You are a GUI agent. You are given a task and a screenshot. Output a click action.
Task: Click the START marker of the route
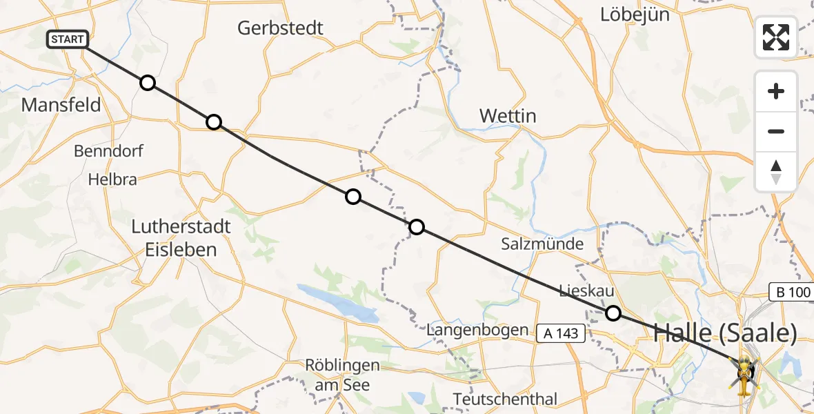(68, 39)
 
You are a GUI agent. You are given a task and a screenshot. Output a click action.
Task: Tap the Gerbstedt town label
(280, 28)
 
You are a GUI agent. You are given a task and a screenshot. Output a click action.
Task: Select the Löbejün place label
(635, 14)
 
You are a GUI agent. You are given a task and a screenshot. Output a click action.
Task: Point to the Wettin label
(508, 115)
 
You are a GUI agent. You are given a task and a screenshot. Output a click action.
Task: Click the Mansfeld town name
(61, 105)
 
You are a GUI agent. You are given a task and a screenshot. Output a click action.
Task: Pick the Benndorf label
(108, 150)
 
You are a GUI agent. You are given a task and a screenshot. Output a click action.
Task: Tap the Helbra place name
(112, 179)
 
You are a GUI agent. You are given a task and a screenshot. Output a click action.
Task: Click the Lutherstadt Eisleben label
(181, 237)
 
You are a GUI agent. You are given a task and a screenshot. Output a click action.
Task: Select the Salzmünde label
(542, 244)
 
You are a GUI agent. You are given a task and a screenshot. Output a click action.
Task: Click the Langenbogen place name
(477, 331)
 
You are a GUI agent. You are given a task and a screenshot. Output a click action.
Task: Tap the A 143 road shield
(562, 334)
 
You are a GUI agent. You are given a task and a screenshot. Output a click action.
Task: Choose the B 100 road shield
(791, 292)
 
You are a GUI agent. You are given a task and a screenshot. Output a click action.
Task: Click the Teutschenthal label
(505, 399)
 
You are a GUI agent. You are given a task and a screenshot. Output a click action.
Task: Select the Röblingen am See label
(342, 375)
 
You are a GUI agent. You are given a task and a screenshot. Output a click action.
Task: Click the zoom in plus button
(776, 91)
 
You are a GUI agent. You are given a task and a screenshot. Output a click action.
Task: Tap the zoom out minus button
(776, 131)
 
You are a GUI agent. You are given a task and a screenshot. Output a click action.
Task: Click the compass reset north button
(776, 172)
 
